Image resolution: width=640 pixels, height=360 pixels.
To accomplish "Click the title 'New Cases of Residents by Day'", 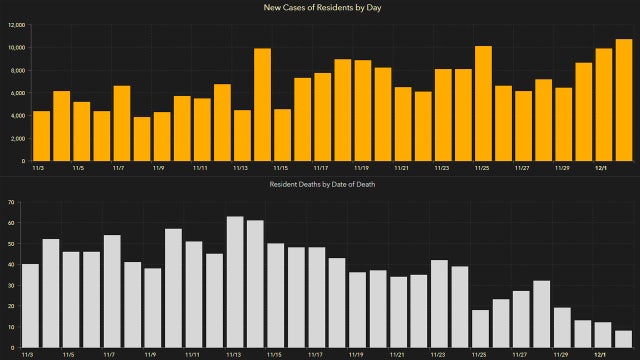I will point(320,7).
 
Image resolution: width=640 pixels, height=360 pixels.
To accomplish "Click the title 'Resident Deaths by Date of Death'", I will point(320,186).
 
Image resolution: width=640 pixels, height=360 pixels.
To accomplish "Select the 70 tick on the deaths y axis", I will point(10,202).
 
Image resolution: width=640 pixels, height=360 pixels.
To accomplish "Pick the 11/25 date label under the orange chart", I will point(482,169).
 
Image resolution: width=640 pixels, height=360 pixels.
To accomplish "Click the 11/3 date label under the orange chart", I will point(39,169).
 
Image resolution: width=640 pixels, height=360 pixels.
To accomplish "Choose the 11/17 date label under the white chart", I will point(316,354).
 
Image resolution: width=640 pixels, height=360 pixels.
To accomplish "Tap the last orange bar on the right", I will point(623,100).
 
